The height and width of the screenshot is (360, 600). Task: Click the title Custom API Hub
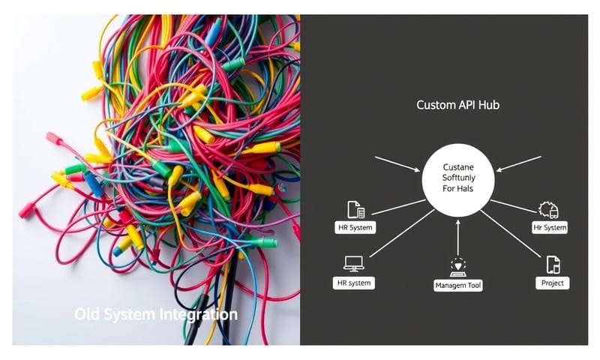point(457,105)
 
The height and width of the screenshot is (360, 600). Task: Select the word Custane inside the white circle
point(457,165)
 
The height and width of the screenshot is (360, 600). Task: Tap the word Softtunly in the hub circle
point(457,178)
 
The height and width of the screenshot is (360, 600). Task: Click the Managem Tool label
point(458,285)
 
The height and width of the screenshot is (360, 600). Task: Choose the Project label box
point(552,283)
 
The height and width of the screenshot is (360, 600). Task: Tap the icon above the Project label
point(553,264)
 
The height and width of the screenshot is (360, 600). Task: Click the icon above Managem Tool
point(458,265)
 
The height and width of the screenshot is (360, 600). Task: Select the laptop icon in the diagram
point(353,263)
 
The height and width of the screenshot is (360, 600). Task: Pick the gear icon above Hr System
point(549,210)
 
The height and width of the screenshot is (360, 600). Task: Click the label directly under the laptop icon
point(353,283)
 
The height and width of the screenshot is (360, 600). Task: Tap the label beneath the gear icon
point(550,227)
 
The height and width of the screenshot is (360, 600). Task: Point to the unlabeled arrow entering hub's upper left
point(397,163)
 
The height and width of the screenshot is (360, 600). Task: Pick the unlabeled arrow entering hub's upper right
point(518,163)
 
